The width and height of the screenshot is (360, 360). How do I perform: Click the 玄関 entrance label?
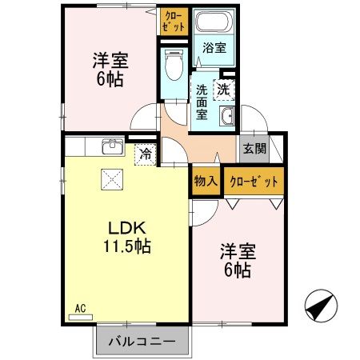255,148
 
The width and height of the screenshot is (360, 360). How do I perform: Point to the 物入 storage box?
206,182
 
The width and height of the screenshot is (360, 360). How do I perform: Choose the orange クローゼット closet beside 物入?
254,182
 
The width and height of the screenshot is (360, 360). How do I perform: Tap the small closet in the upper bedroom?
174,21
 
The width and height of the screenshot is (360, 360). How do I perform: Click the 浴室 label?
214,48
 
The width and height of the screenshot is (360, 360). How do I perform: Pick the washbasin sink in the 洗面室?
226,117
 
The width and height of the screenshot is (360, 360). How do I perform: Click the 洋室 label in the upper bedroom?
110,60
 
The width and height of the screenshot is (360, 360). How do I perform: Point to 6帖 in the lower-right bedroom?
237,270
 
